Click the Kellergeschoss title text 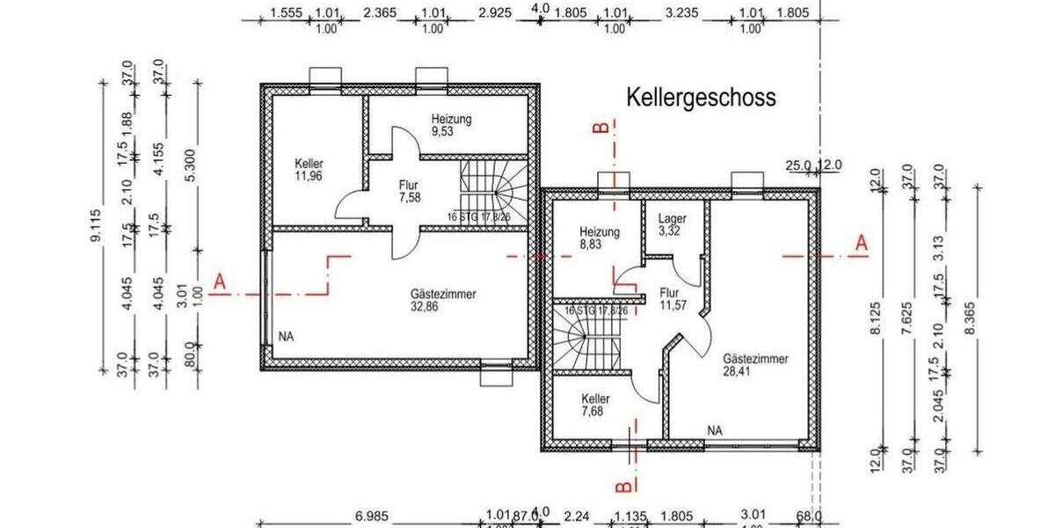[x=701, y=98]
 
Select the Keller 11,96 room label [x=309, y=170]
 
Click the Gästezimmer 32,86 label [x=443, y=301]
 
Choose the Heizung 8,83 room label [x=600, y=238]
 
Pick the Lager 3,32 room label [x=672, y=224]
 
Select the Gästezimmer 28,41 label [x=755, y=365]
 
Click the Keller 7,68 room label [x=595, y=405]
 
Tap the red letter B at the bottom [x=621, y=485]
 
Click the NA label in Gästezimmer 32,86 [x=285, y=336]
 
